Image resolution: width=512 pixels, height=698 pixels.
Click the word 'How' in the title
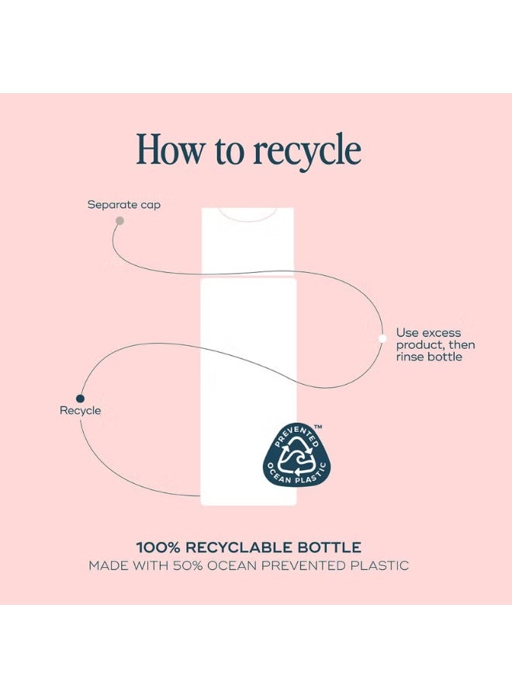[169, 150]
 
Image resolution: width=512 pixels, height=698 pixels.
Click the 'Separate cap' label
[124, 205]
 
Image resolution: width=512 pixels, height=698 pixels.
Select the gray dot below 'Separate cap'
[119, 220]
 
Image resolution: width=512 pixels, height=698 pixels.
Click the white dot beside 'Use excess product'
[382, 338]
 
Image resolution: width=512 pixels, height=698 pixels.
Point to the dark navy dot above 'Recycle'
[80, 399]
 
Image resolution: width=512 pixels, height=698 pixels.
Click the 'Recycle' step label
[80, 410]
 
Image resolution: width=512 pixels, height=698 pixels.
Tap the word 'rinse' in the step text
[410, 357]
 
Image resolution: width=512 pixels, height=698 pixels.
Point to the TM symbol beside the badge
[318, 427]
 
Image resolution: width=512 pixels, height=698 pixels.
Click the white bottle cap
[247, 241]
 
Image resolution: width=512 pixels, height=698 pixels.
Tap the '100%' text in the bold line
[158, 547]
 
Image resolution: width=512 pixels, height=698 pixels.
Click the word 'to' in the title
[228, 150]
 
